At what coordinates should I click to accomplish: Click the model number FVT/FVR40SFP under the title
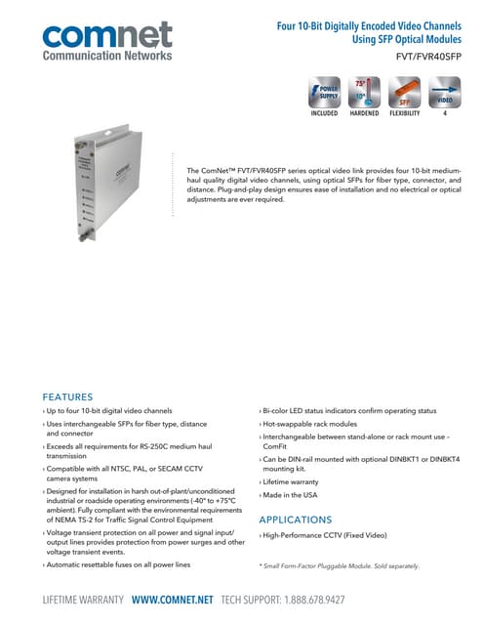(428, 57)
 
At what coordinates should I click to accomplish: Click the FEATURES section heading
(67, 396)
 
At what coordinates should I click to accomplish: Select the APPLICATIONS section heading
(295, 520)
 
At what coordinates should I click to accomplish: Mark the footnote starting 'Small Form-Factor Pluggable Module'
(339, 566)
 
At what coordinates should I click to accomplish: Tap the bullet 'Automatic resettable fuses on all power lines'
(117, 564)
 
